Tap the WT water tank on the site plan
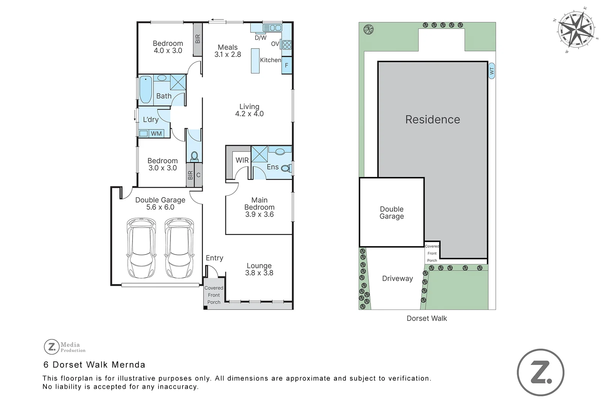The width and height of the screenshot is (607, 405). pyautogui.click(x=492, y=71)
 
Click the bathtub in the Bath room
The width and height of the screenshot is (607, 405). pyautogui.click(x=146, y=90)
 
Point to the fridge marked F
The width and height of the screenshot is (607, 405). pyautogui.click(x=287, y=65)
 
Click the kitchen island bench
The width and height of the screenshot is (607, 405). pyautogui.click(x=255, y=61)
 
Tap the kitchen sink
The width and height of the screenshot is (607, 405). pyautogui.click(x=272, y=28)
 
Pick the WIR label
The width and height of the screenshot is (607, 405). pyautogui.click(x=242, y=160)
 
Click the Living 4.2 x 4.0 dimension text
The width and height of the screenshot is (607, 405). pyautogui.click(x=249, y=114)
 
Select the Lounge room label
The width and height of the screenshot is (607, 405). pyautogui.click(x=259, y=265)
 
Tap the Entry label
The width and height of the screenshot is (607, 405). pyautogui.click(x=214, y=258)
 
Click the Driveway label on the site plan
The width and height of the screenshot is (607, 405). pyautogui.click(x=398, y=279)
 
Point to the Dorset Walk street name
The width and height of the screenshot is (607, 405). pyautogui.click(x=427, y=318)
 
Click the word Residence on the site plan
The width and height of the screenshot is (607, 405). pyautogui.click(x=433, y=120)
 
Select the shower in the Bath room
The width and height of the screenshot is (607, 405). pyautogui.click(x=178, y=82)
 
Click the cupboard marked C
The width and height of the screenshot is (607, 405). pyautogui.click(x=198, y=175)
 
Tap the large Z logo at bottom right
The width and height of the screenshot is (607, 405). pyautogui.click(x=541, y=372)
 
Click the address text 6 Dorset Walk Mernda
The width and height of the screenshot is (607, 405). pyautogui.click(x=94, y=364)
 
